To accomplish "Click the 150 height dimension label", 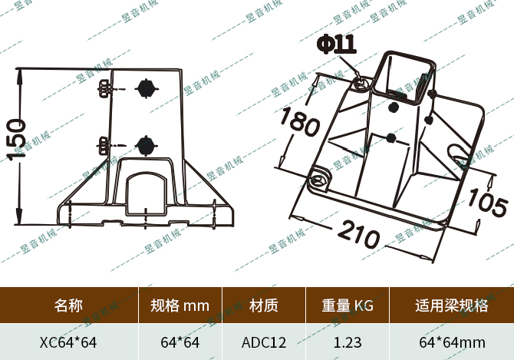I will [17, 139].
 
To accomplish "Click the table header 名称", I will [68, 306].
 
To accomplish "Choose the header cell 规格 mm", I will [180, 306].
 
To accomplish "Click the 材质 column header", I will [264, 306].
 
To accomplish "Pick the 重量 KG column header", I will [348, 306].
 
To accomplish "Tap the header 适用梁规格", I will [451, 306].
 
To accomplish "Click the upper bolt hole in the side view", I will [145, 88].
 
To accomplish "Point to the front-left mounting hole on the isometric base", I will [318, 180].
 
